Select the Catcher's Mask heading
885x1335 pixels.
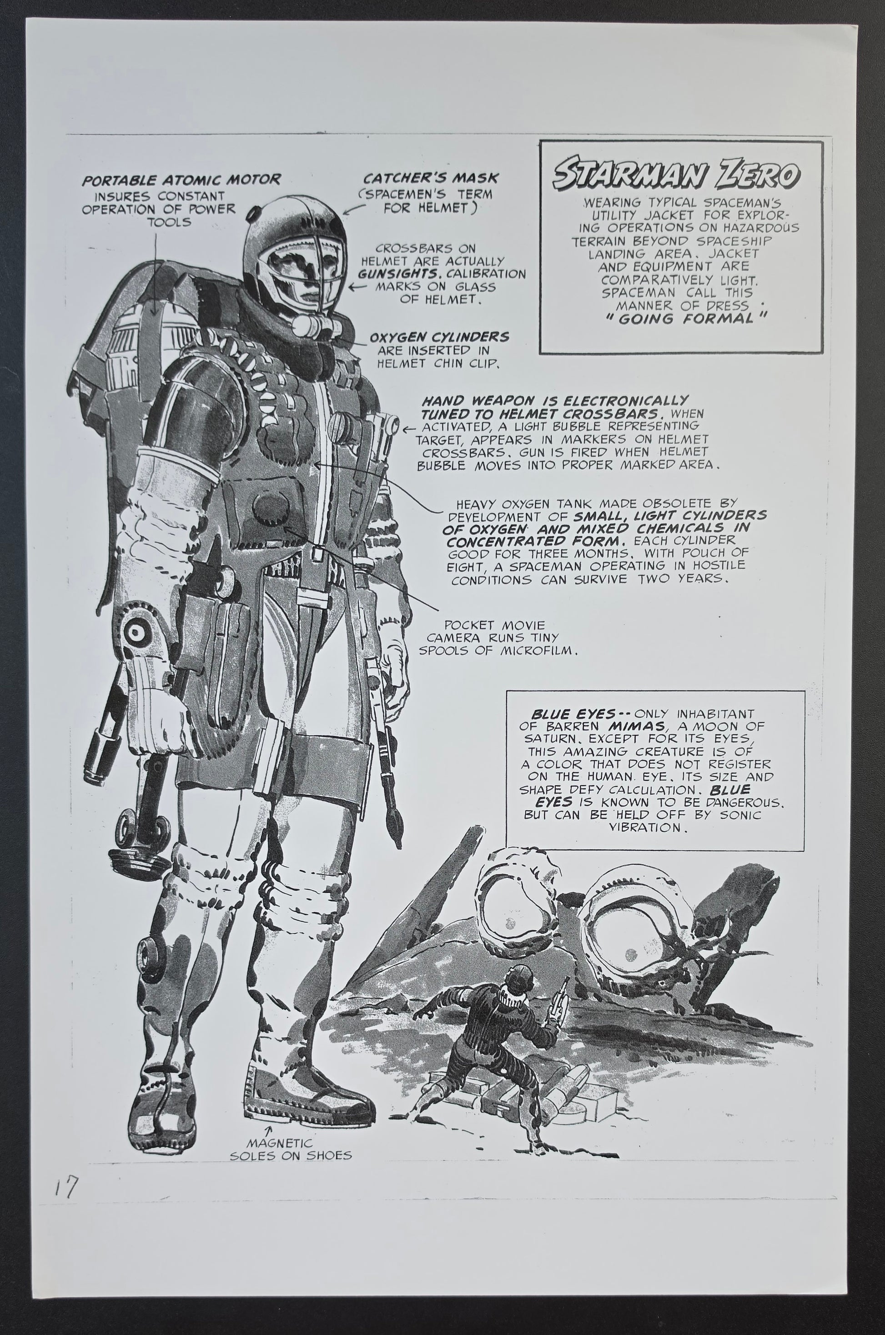[431, 178]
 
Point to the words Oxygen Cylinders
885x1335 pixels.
[439, 337]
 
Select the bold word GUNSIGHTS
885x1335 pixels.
[402, 274]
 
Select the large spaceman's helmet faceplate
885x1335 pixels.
[295, 268]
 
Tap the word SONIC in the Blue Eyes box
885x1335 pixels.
[737, 815]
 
